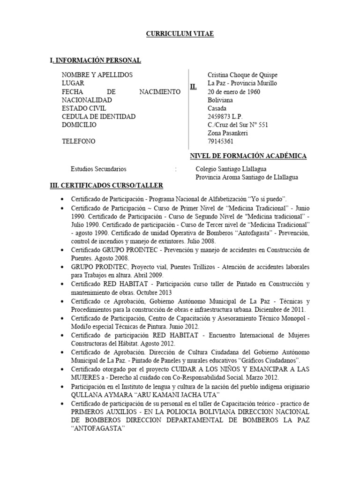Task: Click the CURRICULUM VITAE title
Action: tap(180, 34)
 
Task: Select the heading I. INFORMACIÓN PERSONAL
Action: tap(95, 60)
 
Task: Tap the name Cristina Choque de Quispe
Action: tap(243, 75)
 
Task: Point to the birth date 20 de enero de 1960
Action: tap(234, 92)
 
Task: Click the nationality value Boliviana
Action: tap(220, 100)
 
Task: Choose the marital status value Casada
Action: tap(217, 109)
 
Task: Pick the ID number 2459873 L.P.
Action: tap(225, 117)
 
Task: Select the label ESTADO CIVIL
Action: tap(84, 109)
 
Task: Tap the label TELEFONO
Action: tap(78, 142)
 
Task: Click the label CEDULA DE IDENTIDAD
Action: tap(98, 117)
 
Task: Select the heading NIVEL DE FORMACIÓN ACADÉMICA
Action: tap(247, 156)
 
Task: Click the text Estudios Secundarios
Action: tap(98, 169)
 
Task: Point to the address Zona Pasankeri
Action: tap(227, 133)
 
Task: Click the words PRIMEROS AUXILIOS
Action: tap(105, 412)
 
